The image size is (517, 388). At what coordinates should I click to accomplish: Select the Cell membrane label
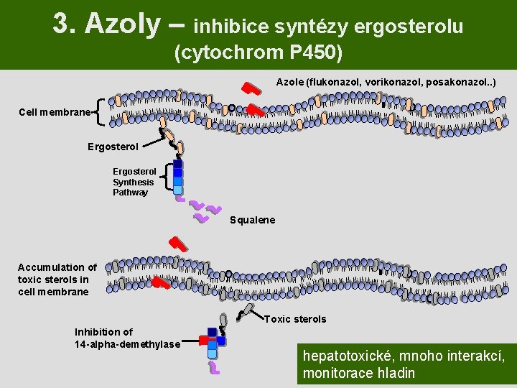point(55,112)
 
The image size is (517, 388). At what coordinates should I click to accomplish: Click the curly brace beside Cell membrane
point(101,112)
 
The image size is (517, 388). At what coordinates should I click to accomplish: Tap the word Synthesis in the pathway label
point(133,182)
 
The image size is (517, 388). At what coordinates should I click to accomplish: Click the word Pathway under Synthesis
point(130,192)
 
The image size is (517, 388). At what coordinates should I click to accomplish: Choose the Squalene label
point(252,220)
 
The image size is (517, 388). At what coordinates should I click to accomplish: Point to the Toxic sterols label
point(296,319)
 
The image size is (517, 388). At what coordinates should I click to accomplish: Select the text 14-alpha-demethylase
point(127,344)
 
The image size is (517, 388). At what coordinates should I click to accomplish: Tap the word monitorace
point(339,373)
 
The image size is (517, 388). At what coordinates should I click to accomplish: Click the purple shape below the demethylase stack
point(214,368)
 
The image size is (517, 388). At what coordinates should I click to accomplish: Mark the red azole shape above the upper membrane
point(251,88)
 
